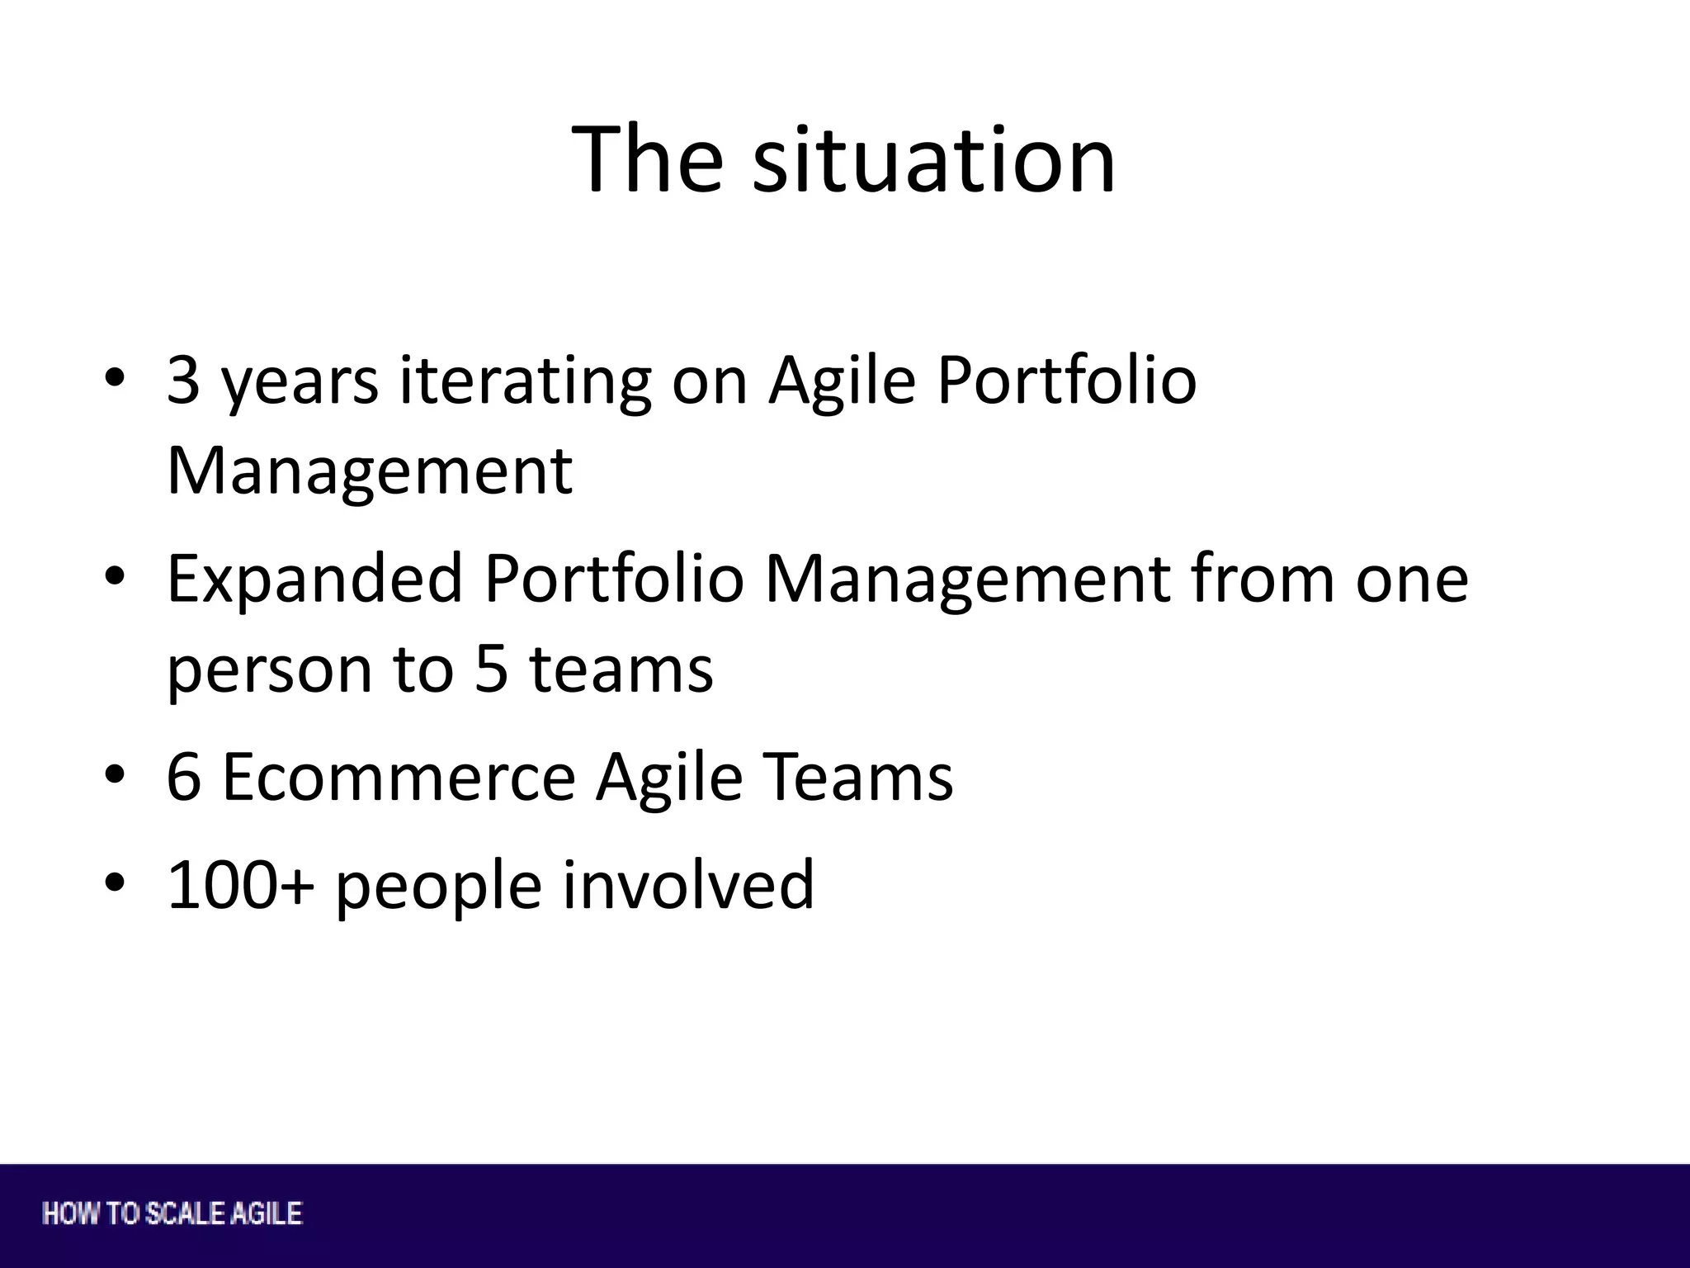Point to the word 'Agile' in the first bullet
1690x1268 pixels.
coord(842,381)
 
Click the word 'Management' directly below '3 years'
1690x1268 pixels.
coord(369,471)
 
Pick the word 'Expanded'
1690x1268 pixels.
coord(314,579)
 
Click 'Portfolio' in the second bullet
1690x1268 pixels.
coord(614,579)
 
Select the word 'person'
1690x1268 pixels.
coord(269,670)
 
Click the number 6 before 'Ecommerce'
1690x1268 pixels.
coord(183,777)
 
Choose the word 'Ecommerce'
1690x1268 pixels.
coord(399,777)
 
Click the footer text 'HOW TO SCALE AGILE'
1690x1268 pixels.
coord(172,1214)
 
